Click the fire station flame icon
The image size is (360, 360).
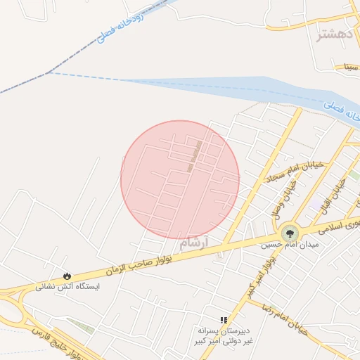click(x=67, y=276)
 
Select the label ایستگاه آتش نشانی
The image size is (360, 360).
click(x=68, y=287)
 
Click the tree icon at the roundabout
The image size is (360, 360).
click(x=288, y=233)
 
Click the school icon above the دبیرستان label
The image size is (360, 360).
click(x=224, y=320)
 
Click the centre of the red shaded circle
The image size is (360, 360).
click(x=180, y=179)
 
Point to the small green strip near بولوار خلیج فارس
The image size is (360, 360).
click(x=80, y=326)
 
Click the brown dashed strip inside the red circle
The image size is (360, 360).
click(x=195, y=155)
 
